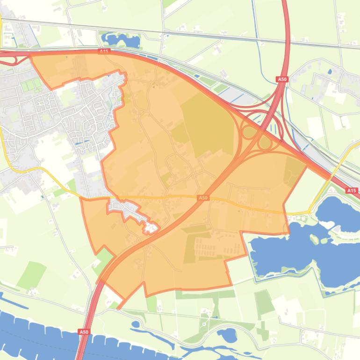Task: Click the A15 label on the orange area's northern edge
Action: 104,51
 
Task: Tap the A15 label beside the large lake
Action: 351,190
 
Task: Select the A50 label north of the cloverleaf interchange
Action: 282,79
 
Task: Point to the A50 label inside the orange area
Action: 202,198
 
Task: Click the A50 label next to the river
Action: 83,332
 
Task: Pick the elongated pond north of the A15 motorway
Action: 121,40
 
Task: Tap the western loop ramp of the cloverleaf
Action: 249,132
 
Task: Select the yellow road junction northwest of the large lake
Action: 309,212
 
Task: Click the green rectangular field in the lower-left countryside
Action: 31,274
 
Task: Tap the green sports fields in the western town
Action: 30,86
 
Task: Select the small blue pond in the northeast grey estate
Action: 330,72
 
